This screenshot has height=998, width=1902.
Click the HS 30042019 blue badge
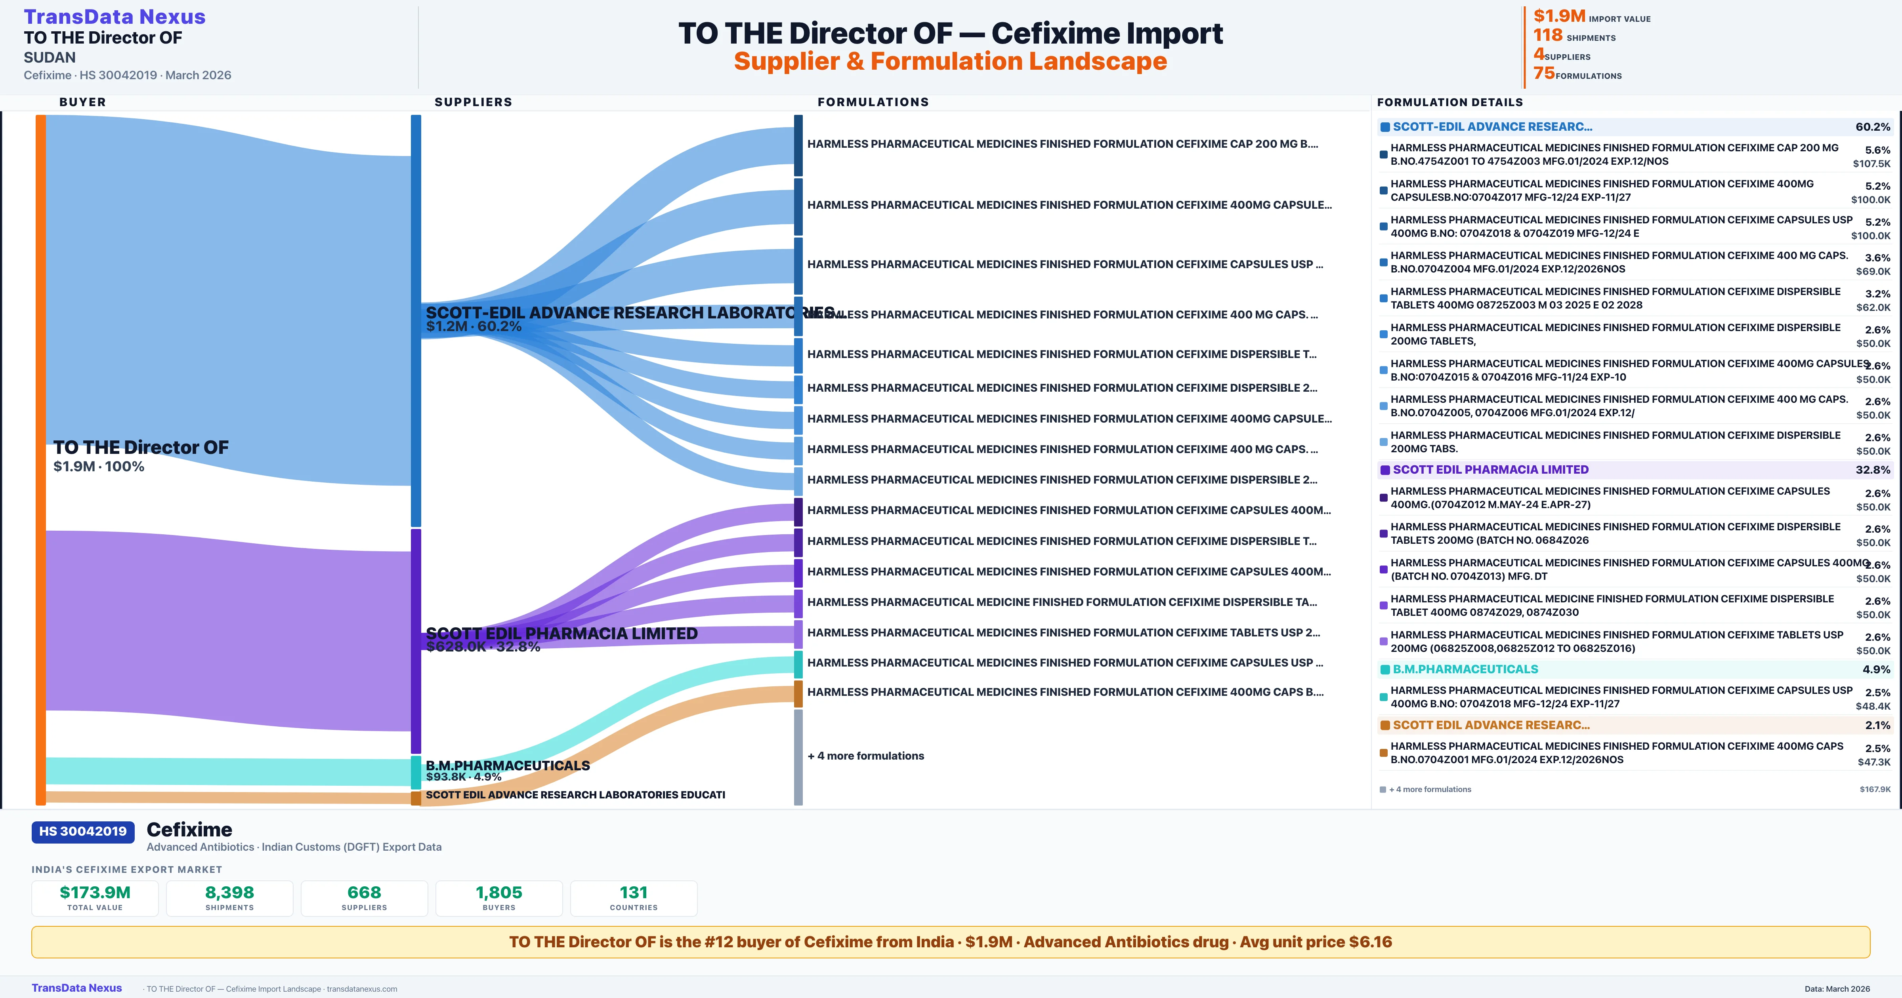click(83, 831)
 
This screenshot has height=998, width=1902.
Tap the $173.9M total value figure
click(95, 892)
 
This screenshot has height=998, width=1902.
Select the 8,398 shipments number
click(230, 892)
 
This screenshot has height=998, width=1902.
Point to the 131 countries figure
click(634, 892)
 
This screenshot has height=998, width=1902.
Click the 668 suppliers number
click(364, 892)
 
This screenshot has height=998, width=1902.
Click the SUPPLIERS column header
click(473, 102)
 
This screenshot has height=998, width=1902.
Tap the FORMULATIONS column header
click(873, 102)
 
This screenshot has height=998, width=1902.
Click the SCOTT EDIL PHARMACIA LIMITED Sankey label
click(561, 633)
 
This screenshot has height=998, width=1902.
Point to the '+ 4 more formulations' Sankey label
click(865, 756)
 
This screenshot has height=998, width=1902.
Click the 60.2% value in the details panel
click(1872, 127)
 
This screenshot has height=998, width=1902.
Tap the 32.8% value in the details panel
click(1872, 469)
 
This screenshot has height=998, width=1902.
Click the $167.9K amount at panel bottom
click(1875, 789)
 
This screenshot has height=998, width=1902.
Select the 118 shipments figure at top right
click(1548, 35)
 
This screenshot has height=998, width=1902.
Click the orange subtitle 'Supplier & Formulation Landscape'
click(950, 61)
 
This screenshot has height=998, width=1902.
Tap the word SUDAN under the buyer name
click(50, 57)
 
